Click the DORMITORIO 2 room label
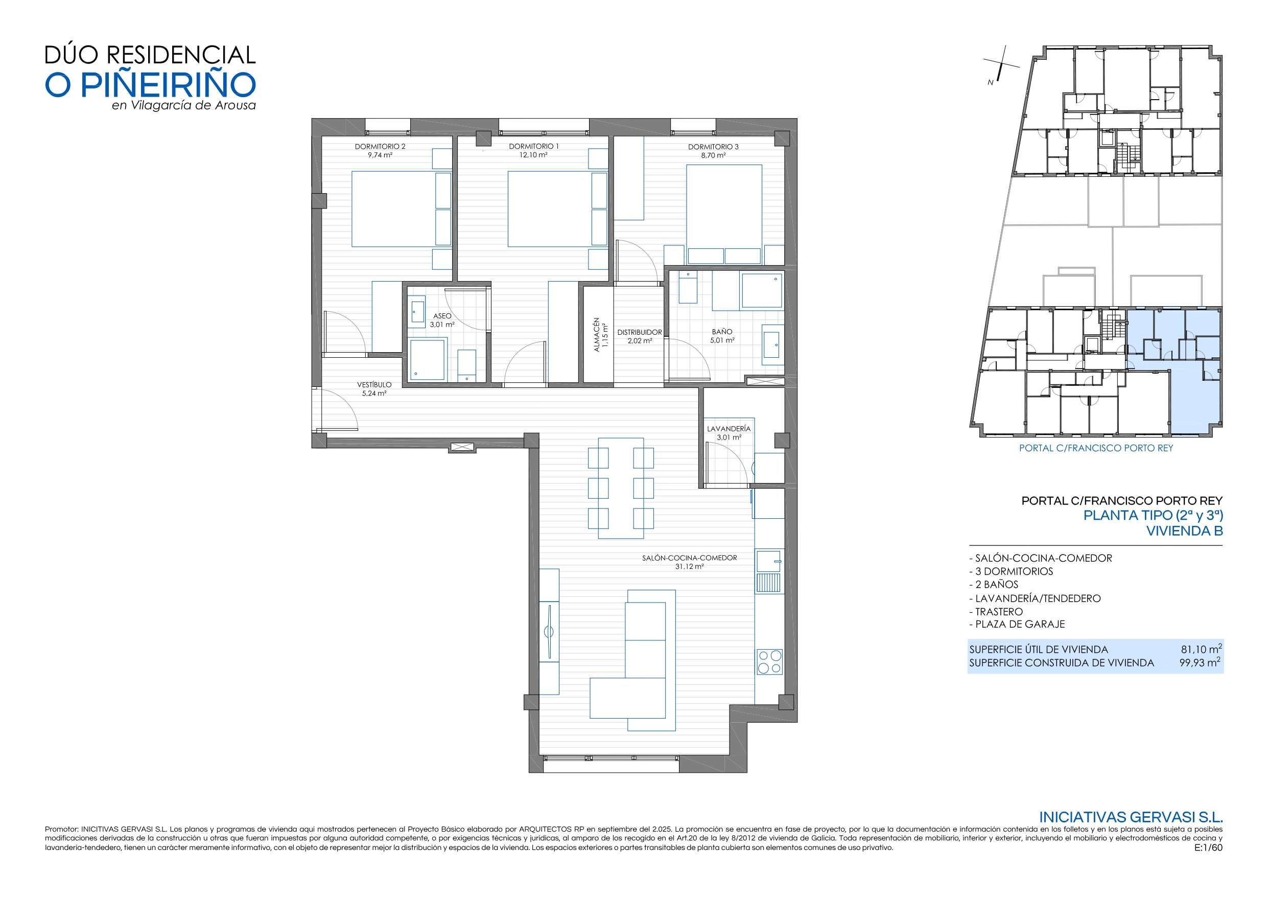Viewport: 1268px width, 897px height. pos(380,147)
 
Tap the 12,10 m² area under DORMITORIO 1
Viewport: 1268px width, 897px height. pos(533,155)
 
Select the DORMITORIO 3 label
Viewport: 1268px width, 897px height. pos(713,147)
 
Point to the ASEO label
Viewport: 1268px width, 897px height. pos(442,316)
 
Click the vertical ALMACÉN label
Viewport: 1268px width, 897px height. pos(596,335)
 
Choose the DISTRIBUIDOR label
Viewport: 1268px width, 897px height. pos(640,332)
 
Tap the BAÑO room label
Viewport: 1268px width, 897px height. pos(722,332)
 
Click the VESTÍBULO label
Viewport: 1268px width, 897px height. pos(374,385)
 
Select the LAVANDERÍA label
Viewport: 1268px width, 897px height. pos(729,428)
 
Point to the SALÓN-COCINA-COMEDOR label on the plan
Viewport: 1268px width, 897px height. pos(689,558)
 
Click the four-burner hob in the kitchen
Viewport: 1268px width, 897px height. pos(770,661)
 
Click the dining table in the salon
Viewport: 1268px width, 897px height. pos(621,488)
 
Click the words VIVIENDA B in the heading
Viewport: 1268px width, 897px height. pos(1185,531)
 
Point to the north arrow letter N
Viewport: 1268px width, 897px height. pos(991,83)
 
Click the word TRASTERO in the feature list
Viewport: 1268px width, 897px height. pos(999,612)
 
